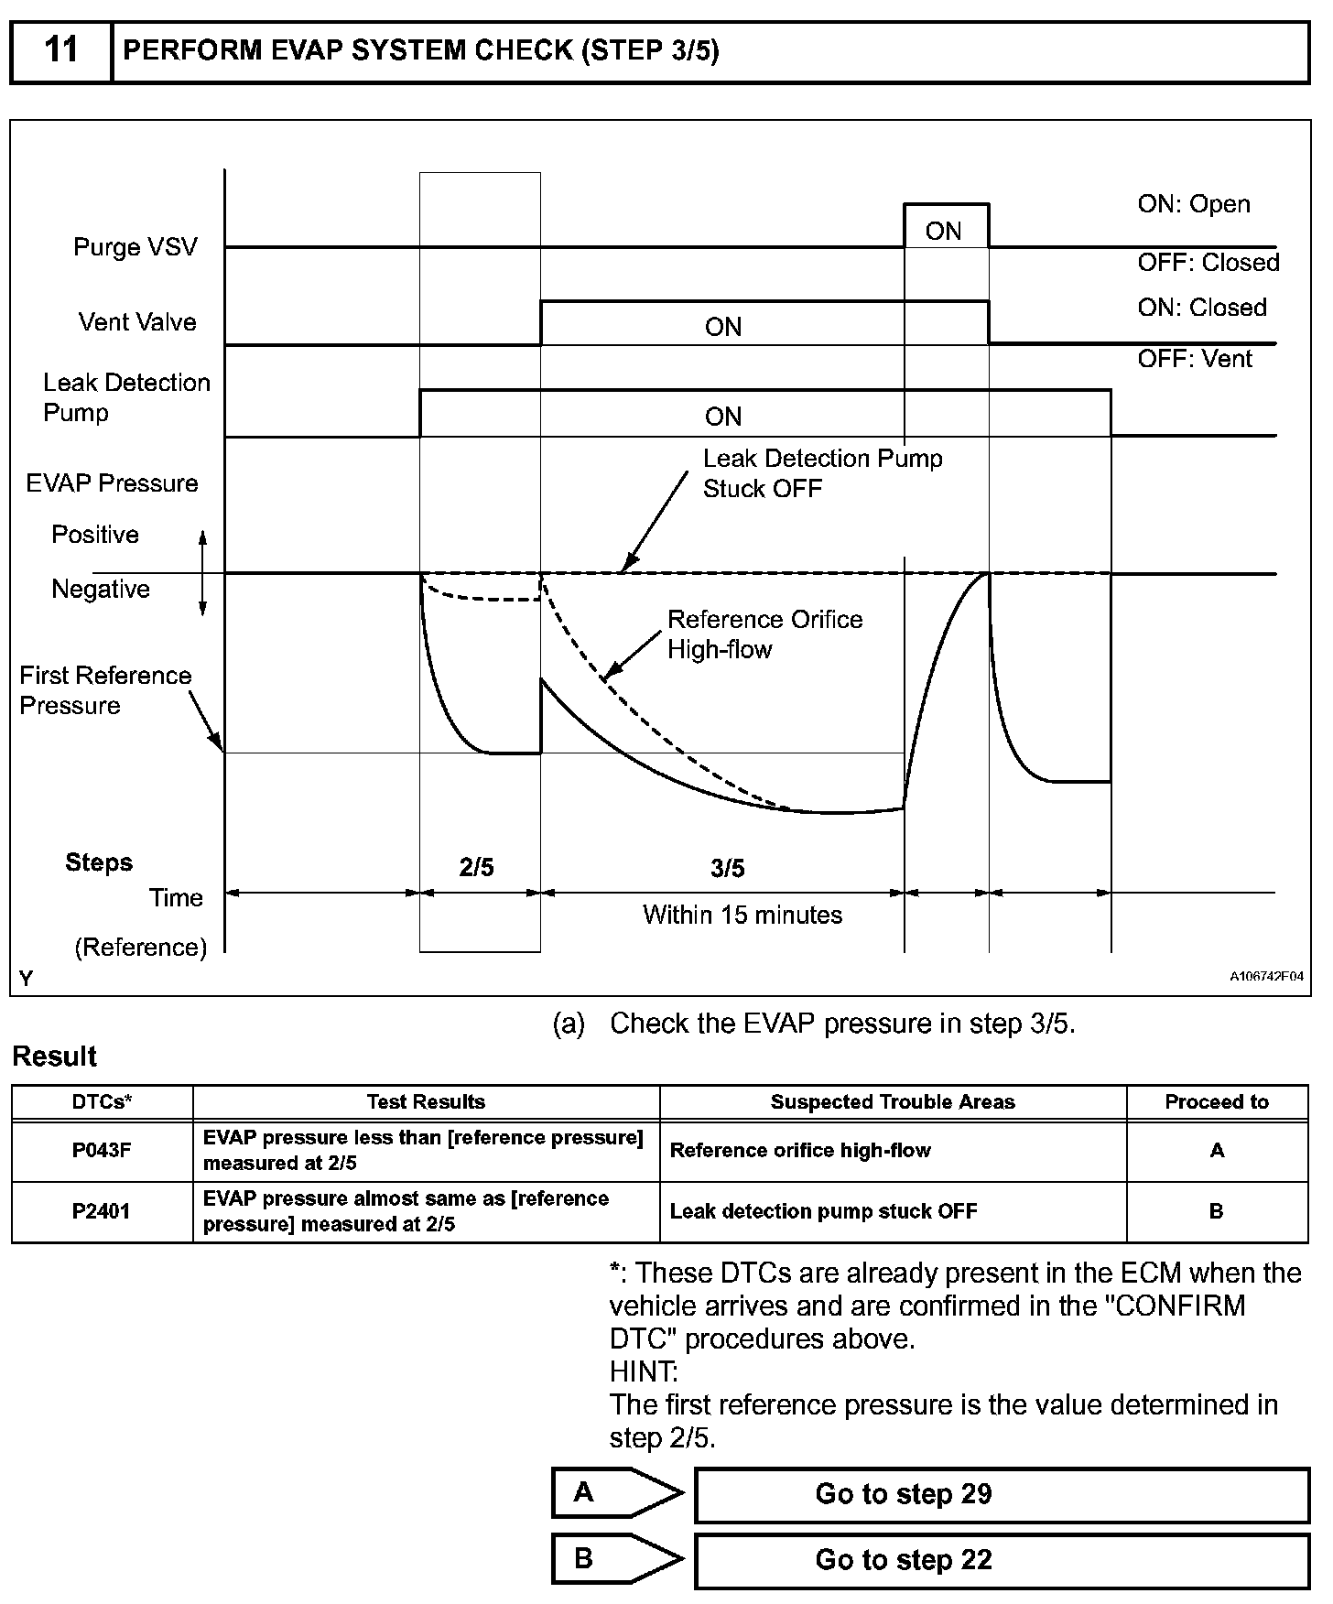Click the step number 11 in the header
(x=60, y=51)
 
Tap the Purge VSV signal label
(x=135, y=247)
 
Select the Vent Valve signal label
(x=137, y=322)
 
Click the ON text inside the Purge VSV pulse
(x=944, y=231)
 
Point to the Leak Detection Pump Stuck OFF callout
(x=822, y=473)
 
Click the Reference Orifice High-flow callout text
(x=764, y=634)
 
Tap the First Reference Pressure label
(x=105, y=690)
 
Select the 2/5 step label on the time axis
(x=477, y=867)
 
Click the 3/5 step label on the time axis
(x=728, y=868)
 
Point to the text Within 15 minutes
(x=742, y=915)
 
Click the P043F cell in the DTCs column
(x=102, y=1151)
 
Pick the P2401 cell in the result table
(x=102, y=1211)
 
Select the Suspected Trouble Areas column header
(x=893, y=1102)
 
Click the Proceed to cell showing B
(x=1216, y=1211)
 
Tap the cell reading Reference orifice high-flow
(x=800, y=1151)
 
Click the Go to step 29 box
(x=1002, y=1495)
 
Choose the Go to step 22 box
(x=1002, y=1560)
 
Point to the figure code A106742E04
(x=1266, y=976)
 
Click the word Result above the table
(x=55, y=1057)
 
